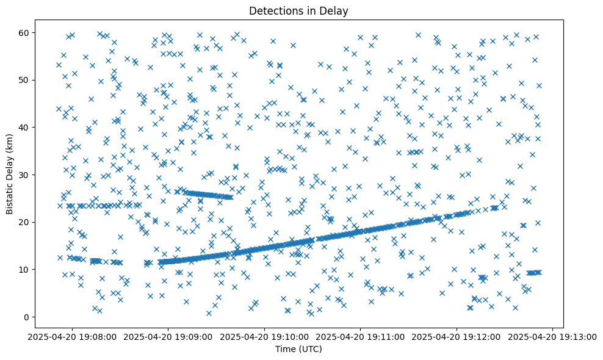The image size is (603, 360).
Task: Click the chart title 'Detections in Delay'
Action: click(298, 10)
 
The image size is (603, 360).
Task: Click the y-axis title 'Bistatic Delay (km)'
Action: click(10, 175)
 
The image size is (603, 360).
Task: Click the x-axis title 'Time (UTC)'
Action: click(298, 350)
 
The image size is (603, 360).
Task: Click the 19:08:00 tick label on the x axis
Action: click(73, 337)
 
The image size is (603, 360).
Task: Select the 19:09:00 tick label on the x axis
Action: click(169, 337)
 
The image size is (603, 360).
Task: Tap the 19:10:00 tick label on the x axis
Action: click(265, 337)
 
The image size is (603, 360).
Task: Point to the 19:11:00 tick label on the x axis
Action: click(361, 337)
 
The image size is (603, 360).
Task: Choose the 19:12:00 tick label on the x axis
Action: click(457, 337)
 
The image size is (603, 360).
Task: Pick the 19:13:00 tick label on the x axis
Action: click(552, 337)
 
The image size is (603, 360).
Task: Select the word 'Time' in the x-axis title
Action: click(286, 350)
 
